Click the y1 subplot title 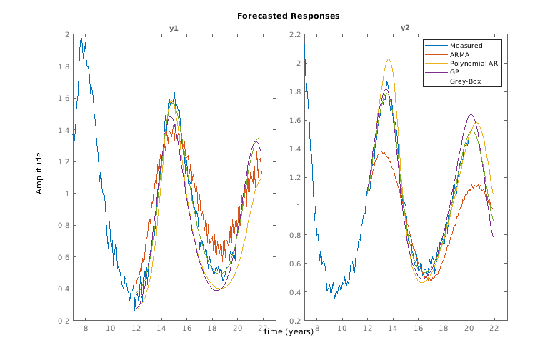[x=174, y=28]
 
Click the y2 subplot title [x=405, y=28]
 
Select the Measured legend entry [x=466, y=45]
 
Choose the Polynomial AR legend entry [x=474, y=64]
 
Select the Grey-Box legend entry [x=464, y=81]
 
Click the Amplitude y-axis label [x=40, y=173]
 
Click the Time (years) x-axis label [x=288, y=331]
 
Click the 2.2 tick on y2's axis [x=294, y=34]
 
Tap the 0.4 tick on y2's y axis [x=294, y=292]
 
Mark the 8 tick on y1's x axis [x=86, y=328]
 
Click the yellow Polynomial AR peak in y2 [x=388, y=59]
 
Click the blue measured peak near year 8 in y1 [x=82, y=39]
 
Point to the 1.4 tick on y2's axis [x=294, y=149]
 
